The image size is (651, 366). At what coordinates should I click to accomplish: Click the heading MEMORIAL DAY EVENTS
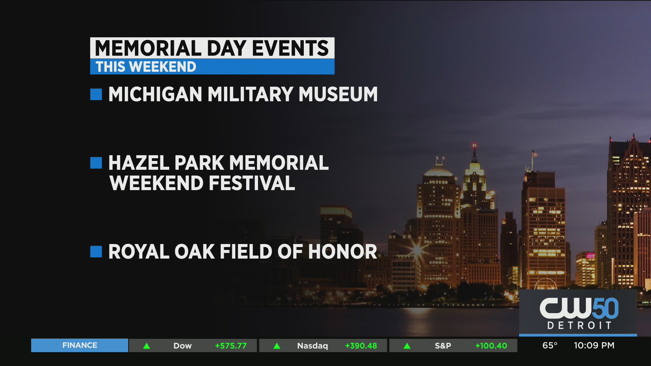212,48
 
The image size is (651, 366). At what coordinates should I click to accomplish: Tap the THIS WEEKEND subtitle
146,67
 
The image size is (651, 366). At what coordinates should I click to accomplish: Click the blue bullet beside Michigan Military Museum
96,94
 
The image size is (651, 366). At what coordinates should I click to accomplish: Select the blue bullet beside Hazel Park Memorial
96,163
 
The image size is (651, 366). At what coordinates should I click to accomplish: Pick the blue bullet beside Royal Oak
96,251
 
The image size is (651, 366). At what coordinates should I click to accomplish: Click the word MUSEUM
338,94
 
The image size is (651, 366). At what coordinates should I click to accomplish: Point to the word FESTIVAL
252,183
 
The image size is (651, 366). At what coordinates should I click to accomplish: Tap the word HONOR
342,252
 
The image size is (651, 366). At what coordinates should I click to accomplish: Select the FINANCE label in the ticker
80,345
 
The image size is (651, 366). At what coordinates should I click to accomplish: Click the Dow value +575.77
231,346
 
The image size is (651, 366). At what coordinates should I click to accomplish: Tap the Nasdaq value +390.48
361,346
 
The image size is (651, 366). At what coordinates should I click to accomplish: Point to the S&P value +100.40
491,346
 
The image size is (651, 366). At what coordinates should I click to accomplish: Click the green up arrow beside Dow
146,346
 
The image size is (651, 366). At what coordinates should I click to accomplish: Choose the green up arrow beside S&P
407,346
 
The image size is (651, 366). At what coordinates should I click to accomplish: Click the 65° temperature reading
550,345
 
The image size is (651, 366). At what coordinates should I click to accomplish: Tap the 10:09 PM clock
594,345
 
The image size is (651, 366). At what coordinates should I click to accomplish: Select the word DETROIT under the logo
579,326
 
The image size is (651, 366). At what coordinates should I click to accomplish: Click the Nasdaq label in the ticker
313,346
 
